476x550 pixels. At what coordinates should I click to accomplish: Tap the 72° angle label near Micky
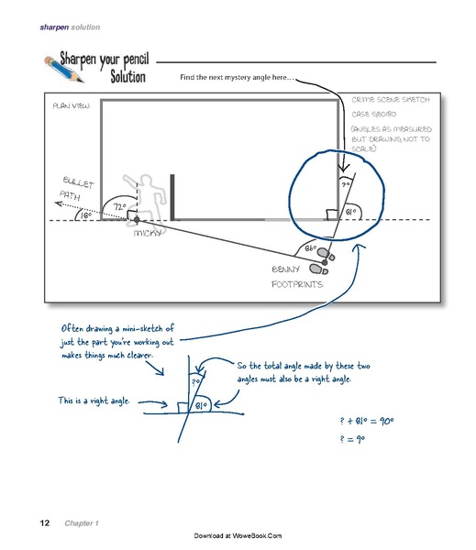pos(120,207)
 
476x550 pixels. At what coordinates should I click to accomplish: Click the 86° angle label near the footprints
pos(310,248)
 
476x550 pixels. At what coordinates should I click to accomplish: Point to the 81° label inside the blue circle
pos(350,213)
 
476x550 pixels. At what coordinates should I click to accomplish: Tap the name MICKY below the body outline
pos(148,234)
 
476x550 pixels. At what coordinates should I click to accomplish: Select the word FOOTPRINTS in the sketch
pos(295,285)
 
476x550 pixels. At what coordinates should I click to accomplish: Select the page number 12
pos(44,522)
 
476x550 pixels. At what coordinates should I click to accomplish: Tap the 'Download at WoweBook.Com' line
pos(238,535)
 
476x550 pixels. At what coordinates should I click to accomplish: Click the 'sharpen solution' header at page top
pos(70,27)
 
